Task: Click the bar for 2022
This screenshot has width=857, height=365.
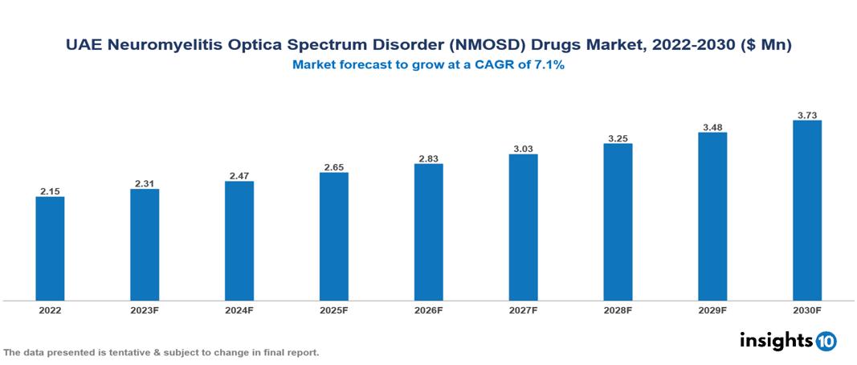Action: [50, 248]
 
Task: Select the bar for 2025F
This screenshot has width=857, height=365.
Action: [334, 236]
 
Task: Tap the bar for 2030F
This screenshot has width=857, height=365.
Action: [807, 211]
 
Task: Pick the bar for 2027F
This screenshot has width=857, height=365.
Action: [523, 228]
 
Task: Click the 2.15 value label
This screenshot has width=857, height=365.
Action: [50, 191]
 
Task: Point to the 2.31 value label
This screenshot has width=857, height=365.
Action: [145, 183]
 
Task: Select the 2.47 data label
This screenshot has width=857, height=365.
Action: [239, 175]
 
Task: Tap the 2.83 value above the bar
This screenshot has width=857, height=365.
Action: [429, 158]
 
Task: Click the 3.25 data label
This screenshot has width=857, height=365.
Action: [618, 137]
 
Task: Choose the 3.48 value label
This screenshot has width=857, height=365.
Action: [712, 127]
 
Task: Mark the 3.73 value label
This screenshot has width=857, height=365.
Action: [807, 115]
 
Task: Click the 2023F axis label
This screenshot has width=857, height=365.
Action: [145, 310]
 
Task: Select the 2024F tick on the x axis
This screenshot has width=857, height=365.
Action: [239, 310]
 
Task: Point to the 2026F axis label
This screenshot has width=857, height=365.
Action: [429, 310]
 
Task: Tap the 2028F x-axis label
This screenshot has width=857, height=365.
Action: [618, 310]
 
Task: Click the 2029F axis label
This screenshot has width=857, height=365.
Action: [712, 310]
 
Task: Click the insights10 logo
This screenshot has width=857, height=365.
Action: [788, 341]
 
